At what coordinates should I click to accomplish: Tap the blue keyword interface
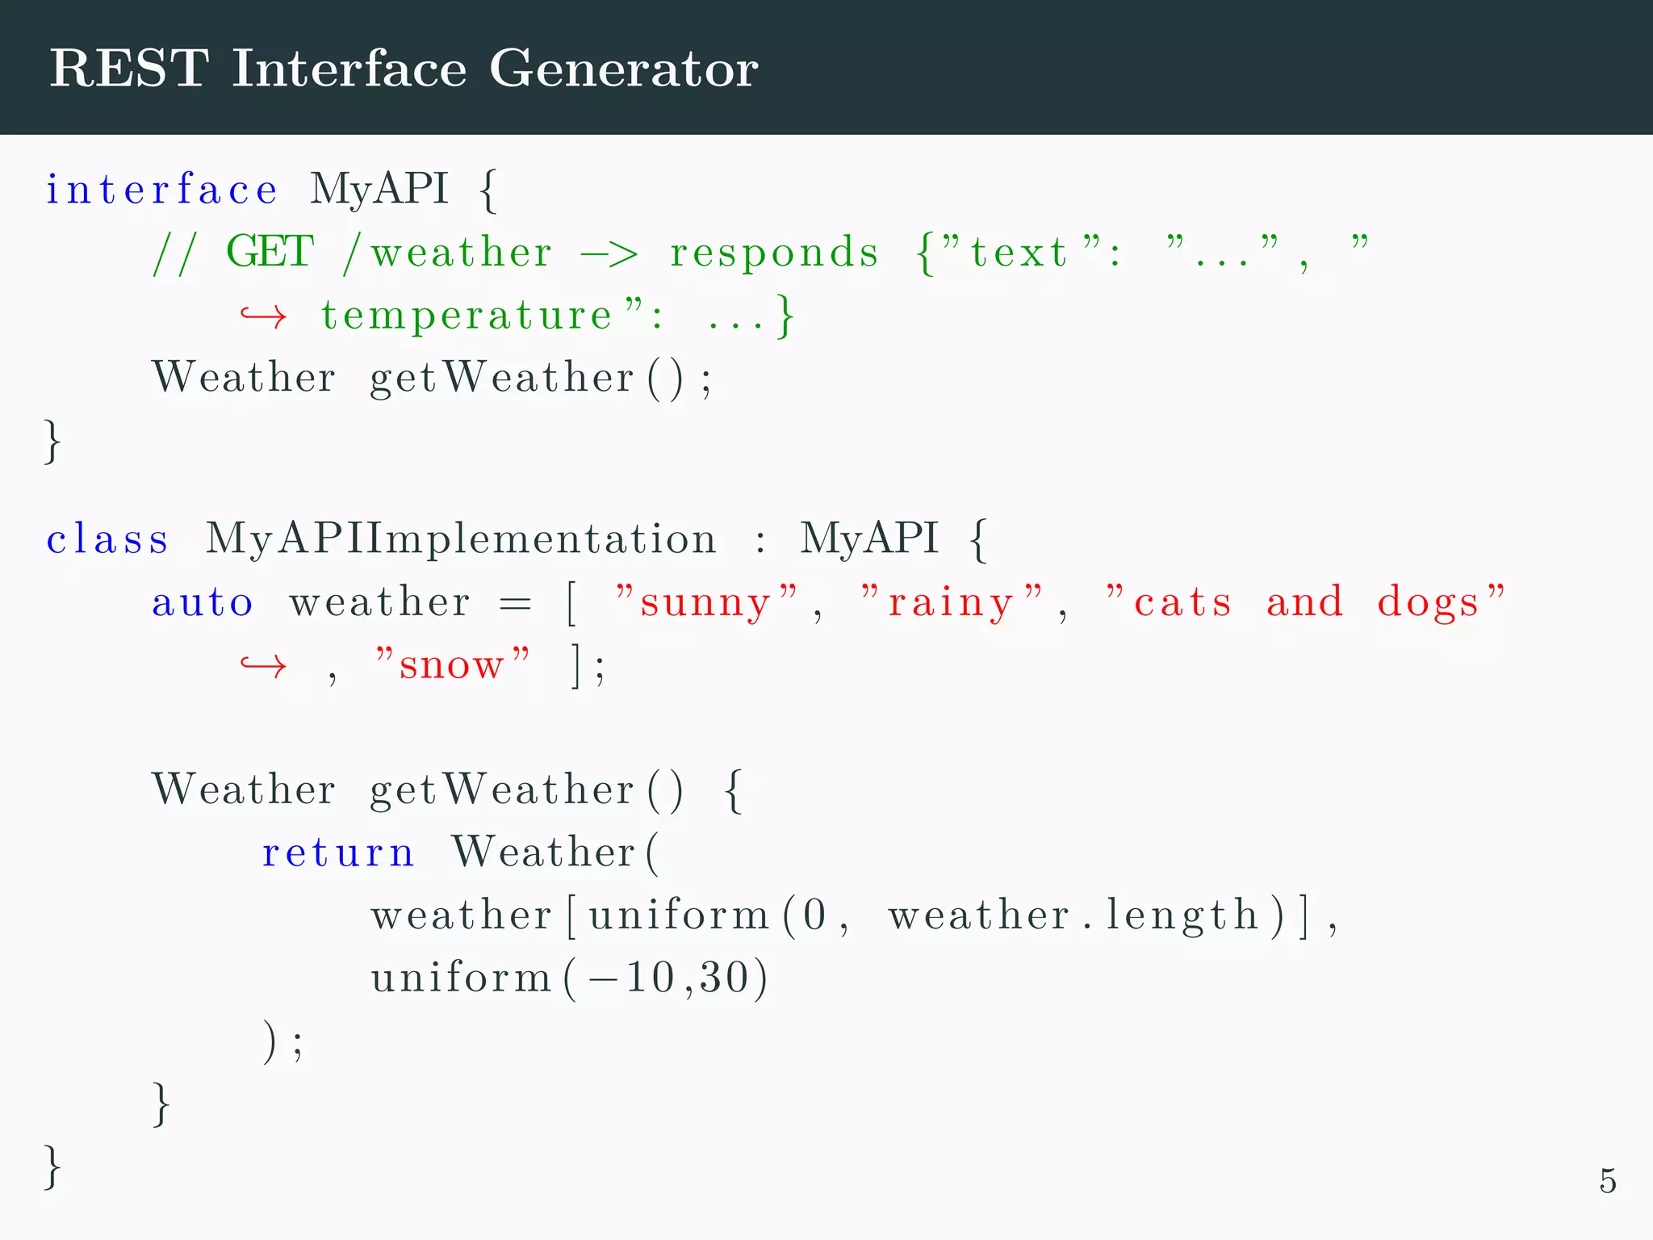(x=161, y=190)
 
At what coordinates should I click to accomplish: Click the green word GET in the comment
(x=270, y=251)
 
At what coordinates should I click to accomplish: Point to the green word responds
(x=773, y=253)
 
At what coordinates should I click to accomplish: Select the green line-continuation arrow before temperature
(x=263, y=316)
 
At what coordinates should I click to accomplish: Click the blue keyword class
(x=107, y=538)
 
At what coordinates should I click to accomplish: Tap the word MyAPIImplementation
(x=461, y=539)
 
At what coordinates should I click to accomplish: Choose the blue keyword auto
(x=203, y=602)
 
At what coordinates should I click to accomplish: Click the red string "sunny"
(x=706, y=602)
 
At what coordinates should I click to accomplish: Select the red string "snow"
(x=452, y=665)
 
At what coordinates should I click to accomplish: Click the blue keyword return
(x=338, y=852)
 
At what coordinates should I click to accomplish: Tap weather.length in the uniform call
(x=1073, y=915)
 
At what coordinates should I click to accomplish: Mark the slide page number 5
(x=1607, y=1181)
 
